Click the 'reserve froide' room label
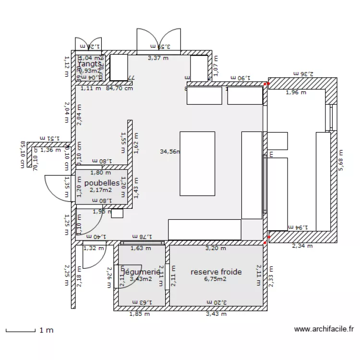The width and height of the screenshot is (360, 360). [216, 272]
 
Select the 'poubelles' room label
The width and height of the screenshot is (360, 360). [102, 183]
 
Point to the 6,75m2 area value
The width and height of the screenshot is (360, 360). [216, 278]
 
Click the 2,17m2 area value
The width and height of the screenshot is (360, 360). [101, 190]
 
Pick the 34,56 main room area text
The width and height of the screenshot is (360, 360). [169, 151]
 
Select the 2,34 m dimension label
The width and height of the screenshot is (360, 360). [302, 246]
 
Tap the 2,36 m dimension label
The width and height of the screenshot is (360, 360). [303, 73]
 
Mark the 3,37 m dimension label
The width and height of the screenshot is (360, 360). [158, 58]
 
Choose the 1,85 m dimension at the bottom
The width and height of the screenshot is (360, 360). [139, 314]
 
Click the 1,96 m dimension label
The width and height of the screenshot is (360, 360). [296, 93]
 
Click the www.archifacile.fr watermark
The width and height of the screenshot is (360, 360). [324, 329]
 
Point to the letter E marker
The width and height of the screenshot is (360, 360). [271, 155]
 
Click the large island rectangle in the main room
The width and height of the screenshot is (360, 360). [197, 163]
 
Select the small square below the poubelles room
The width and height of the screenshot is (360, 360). [117, 214]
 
